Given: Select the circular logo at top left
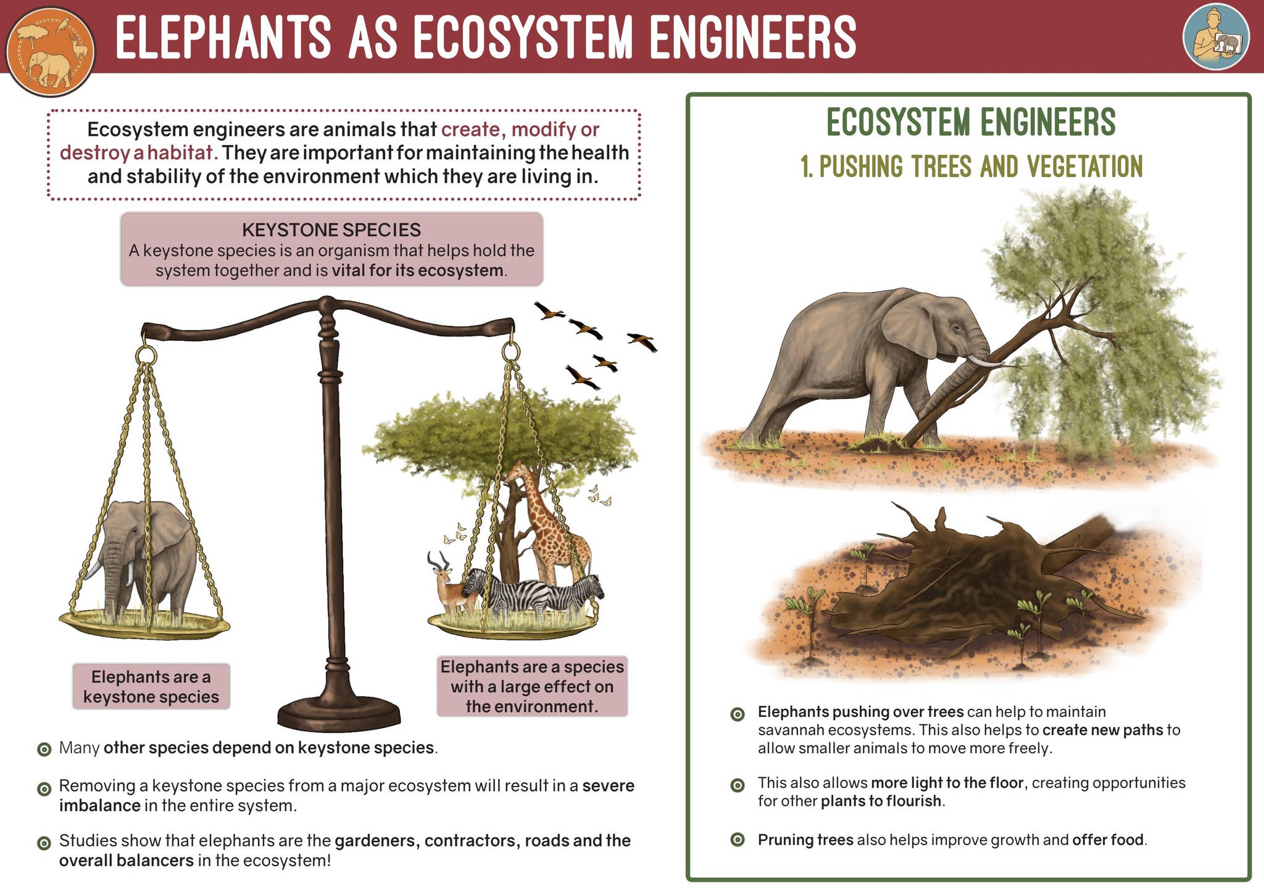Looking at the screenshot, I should pos(51,51).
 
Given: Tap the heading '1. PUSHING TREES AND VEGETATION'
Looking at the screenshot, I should pos(971,167).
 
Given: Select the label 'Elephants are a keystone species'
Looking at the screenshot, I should pos(151,687).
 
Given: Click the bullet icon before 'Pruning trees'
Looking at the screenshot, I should pos(737,840).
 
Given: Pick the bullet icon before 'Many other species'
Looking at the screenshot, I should pos(44,749).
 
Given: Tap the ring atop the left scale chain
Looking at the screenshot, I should pos(146,355).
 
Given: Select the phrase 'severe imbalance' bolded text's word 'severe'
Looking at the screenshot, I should pos(608,786).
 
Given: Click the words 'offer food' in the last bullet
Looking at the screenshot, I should pos(1108,840).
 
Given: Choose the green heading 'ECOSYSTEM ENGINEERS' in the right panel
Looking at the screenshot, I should pos(971,122).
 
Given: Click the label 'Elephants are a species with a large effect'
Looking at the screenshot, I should pos(532,686).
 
